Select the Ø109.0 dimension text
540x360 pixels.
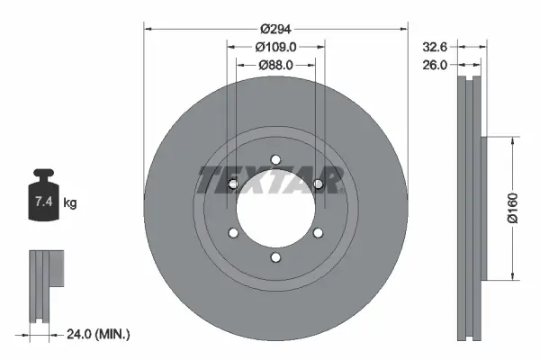275,46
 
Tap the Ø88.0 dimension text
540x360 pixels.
275,65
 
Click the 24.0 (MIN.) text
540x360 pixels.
99,334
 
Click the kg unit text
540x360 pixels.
70,203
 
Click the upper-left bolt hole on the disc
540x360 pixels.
233,184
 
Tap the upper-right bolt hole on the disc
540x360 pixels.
318,184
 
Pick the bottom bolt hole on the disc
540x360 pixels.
275,259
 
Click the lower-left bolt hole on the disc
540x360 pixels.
233,234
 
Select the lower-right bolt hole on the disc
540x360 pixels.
318,234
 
